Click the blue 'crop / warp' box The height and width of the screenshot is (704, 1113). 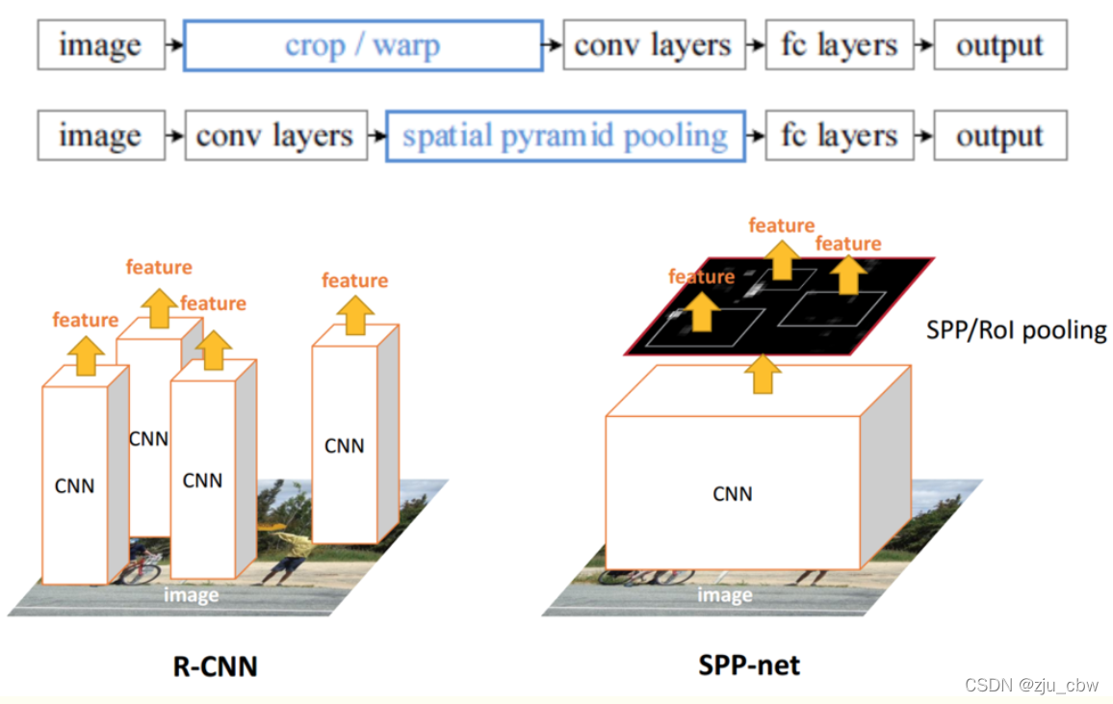[x=363, y=45]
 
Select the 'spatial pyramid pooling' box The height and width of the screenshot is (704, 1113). [x=565, y=136]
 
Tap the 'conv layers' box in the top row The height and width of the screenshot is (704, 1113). [x=653, y=45]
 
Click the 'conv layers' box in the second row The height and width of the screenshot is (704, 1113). [x=274, y=136]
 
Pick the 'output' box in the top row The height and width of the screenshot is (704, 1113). [x=999, y=45]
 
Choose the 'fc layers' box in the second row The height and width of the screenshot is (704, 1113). [x=839, y=136]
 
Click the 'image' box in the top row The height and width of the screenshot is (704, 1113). [x=99, y=45]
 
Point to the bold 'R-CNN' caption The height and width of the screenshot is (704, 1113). [x=215, y=665]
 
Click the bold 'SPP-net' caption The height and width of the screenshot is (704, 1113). [x=749, y=665]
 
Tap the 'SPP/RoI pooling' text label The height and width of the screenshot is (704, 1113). [x=1016, y=330]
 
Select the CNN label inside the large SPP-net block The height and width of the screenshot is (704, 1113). [x=733, y=494]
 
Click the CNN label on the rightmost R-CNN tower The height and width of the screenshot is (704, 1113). [x=344, y=446]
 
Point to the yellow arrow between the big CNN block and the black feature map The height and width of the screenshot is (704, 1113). [x=763, y=374]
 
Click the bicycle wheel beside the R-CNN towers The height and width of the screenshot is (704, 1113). [x=142, y=569]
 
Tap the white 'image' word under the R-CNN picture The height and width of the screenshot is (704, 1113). [x=191, y=595]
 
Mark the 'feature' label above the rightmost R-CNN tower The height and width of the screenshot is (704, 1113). [x=354, y=280]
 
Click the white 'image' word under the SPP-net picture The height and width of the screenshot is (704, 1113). [x=724, y=595]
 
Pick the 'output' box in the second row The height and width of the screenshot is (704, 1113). [x=999, y=136]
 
